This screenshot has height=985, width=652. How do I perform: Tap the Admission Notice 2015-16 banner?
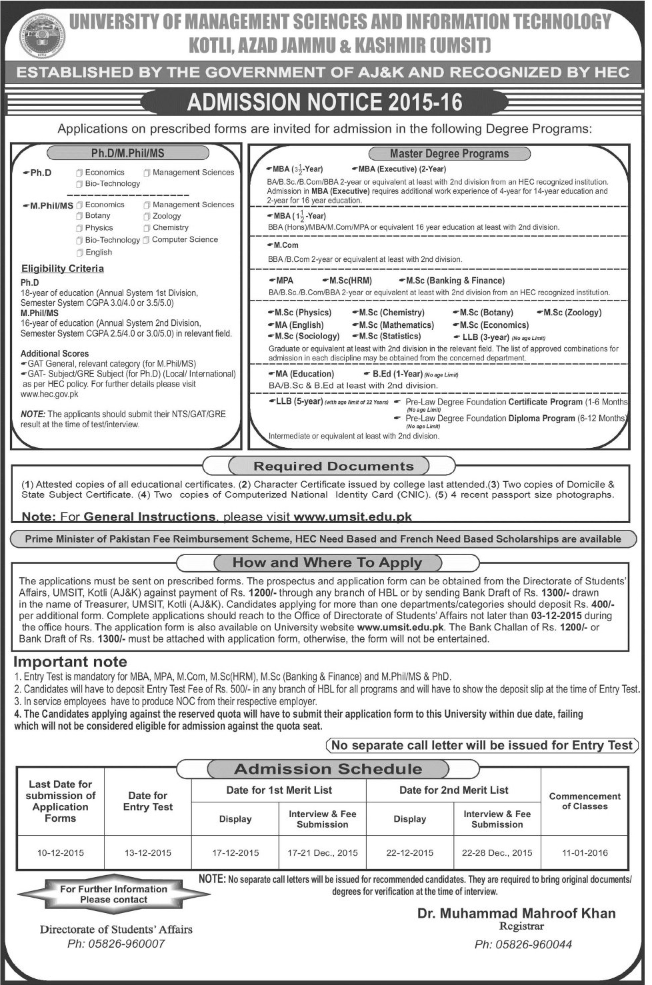point(325,102)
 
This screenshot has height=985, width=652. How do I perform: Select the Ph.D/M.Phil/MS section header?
point(127,153)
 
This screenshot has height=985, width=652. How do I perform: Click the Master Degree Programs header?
point(449,153)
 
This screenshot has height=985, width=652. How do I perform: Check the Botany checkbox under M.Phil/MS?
point(79,216)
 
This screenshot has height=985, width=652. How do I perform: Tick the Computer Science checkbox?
point(146,240)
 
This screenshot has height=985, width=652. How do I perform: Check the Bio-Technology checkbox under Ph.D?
point(79,184)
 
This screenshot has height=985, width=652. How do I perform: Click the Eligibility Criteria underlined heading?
point(63,269)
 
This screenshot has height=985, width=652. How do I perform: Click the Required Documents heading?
point(333,467)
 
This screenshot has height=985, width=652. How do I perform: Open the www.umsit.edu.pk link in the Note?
point(353,516)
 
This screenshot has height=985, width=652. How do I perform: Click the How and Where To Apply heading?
point(327,563)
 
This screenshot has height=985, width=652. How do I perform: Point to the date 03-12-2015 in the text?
point(557,616)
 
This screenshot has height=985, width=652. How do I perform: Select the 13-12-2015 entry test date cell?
point(148,852)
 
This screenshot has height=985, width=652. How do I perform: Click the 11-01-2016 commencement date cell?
point(585,852)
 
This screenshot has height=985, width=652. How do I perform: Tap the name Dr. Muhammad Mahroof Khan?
point(516,913)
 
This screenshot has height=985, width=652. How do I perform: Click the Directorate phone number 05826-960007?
point(116,944)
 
